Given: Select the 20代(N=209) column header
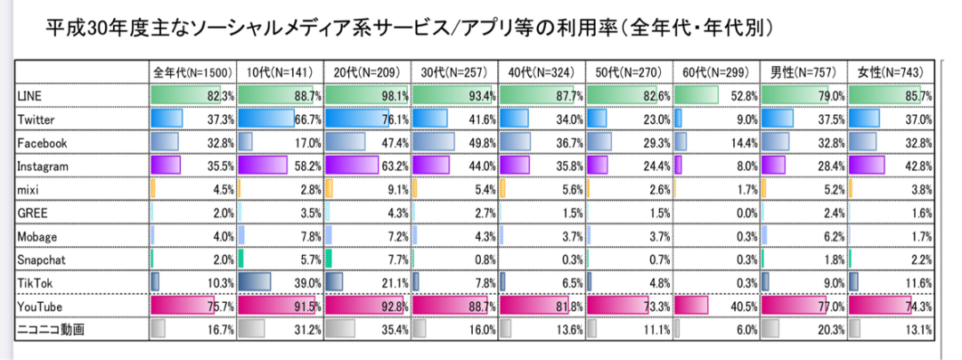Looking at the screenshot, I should [366, 72].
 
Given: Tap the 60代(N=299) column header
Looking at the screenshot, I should [716, 72].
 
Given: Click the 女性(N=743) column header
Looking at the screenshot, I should [891, 72].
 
